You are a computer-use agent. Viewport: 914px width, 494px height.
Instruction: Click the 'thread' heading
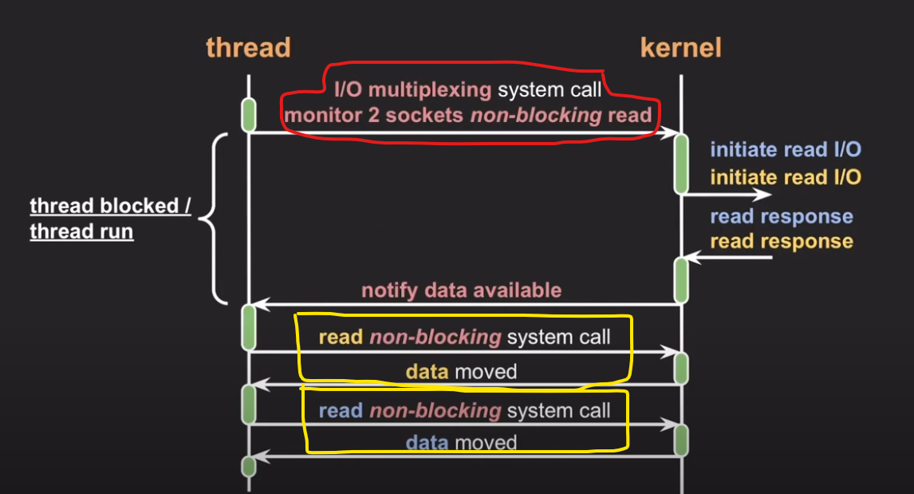(248, 48)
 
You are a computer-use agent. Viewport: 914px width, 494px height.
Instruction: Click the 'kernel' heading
(680, 48)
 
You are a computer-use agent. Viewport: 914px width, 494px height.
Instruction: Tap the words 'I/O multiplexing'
(412, 89)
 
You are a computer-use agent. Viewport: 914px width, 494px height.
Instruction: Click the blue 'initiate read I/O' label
(785, 149)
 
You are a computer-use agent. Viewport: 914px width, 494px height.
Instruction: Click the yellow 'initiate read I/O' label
(785, 177)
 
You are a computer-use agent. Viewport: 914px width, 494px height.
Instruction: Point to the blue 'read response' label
(781, 217)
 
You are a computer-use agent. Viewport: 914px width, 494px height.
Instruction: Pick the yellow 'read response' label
(781, 241)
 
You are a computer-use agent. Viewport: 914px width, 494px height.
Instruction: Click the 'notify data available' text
(461, 290)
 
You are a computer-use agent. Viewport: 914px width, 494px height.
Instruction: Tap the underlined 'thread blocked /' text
(110, 206)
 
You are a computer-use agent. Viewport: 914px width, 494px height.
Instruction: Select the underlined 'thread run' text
(81, 232)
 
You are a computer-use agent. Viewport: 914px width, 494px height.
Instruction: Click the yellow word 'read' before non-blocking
(341, 337)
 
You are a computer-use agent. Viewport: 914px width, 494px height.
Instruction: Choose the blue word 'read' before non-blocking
(341, 411)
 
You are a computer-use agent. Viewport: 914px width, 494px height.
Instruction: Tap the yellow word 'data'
(427, 371)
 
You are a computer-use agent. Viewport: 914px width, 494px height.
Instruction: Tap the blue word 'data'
(427, 443)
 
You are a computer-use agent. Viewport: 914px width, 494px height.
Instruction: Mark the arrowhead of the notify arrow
(259, 304)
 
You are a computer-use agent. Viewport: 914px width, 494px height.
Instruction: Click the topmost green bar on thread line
(248, 113)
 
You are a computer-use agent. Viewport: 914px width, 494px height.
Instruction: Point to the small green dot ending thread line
(248, 464)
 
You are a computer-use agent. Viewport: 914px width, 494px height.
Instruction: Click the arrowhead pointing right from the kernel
(766, 194)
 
